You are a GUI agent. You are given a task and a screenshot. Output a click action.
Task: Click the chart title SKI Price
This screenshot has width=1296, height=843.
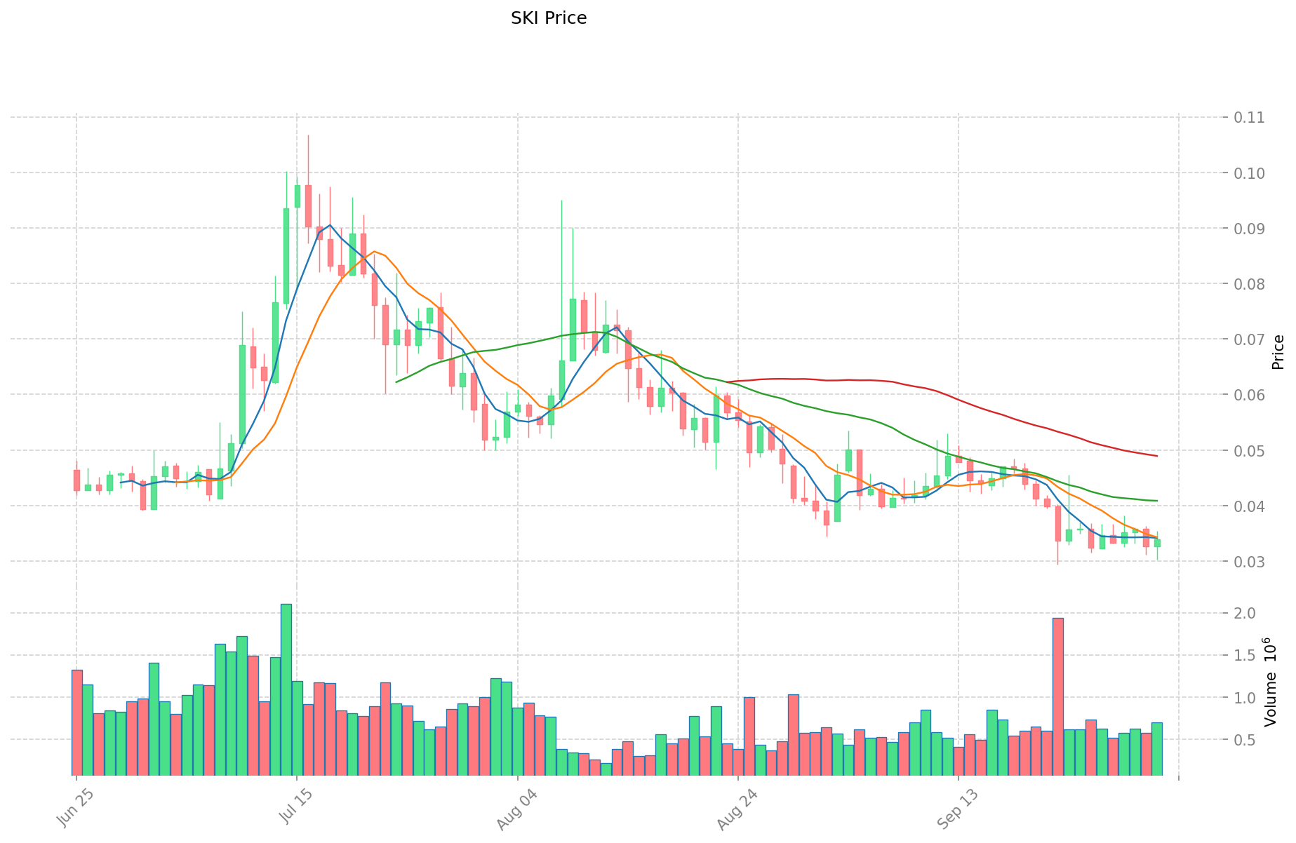pos(549,18)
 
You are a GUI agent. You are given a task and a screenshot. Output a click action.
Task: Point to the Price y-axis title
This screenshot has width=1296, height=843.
pos(1278,352)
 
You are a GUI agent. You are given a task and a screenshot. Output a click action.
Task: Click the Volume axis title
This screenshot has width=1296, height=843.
pos(1271,682)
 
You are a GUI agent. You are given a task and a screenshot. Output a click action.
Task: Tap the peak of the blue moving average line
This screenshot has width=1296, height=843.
pos(330,225)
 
